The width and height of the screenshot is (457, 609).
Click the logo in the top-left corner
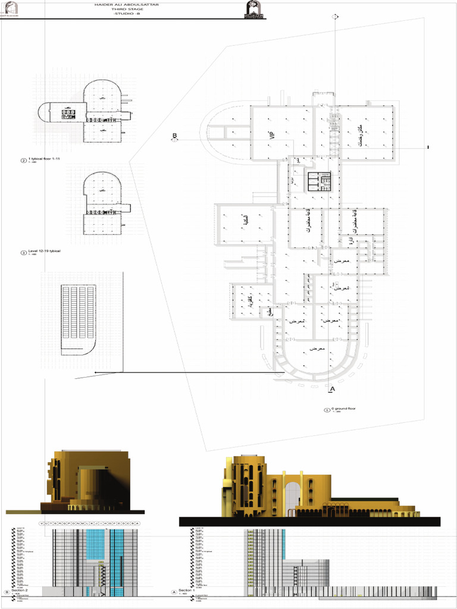11,10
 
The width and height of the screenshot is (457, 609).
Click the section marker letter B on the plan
175,136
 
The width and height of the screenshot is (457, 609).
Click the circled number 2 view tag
24,161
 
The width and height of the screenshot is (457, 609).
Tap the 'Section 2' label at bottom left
21,591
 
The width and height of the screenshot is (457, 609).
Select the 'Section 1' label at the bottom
187,591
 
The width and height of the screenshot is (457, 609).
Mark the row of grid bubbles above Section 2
89,523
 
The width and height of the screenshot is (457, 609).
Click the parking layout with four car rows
78,319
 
